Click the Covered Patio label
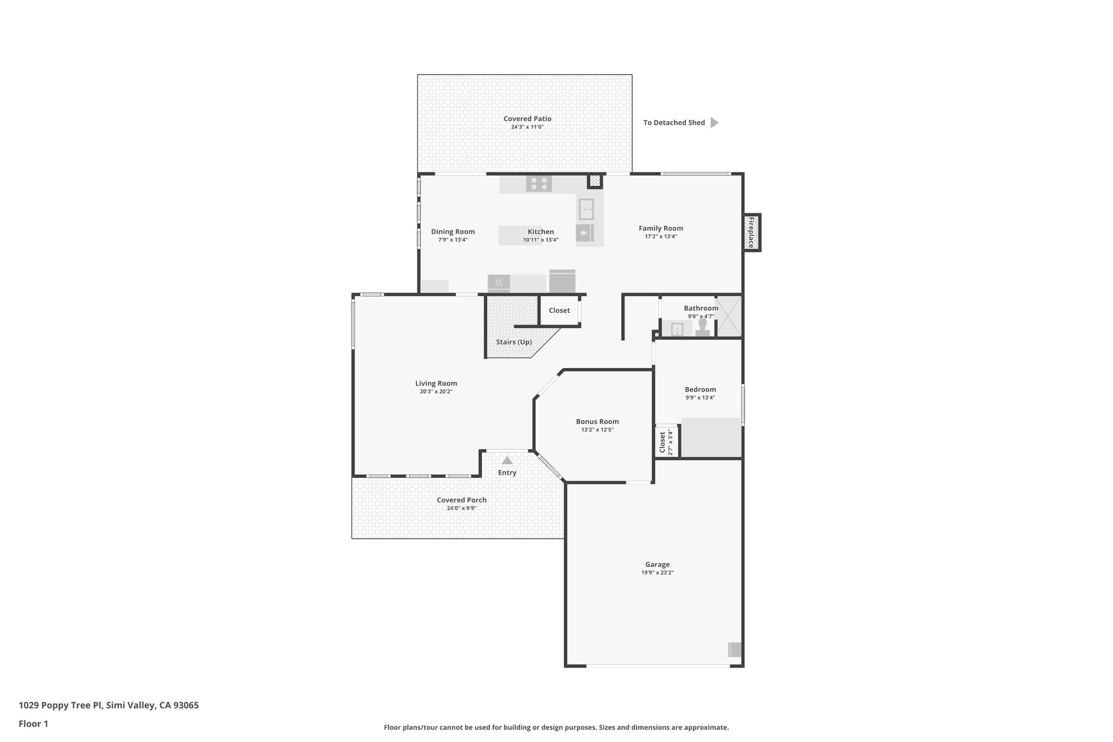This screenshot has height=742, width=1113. point(527,119)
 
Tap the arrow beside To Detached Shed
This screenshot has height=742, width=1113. point(714,123)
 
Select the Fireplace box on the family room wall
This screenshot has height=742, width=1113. point(752,233)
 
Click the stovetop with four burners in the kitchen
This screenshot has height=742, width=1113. point(539,184)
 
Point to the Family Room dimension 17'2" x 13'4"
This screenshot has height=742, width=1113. point(660,236)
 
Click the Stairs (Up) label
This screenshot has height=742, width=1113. point(514,342)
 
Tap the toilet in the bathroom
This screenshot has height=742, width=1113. point(702,328)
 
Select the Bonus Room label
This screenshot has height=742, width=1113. point(597,421)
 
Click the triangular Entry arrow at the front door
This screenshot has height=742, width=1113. point(507,460)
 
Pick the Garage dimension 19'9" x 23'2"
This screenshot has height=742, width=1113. point(657,572)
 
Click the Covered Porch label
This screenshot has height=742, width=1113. point(461,500)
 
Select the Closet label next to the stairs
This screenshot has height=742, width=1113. point(559,310)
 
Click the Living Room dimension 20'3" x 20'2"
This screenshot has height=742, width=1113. point(436,391)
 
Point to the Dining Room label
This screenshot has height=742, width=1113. point(453,232)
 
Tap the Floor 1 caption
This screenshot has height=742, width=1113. point(33,724)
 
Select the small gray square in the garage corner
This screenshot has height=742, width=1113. point(735,650)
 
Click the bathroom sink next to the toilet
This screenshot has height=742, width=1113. point(677,329)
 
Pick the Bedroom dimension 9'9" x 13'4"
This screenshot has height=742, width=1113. point(700,397)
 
